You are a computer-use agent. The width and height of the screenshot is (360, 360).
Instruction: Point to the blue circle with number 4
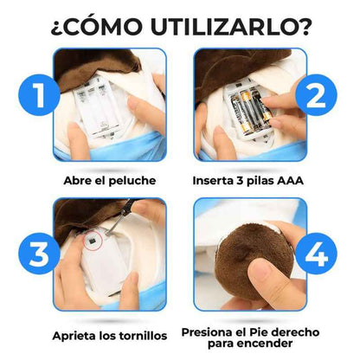click(318, 256)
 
